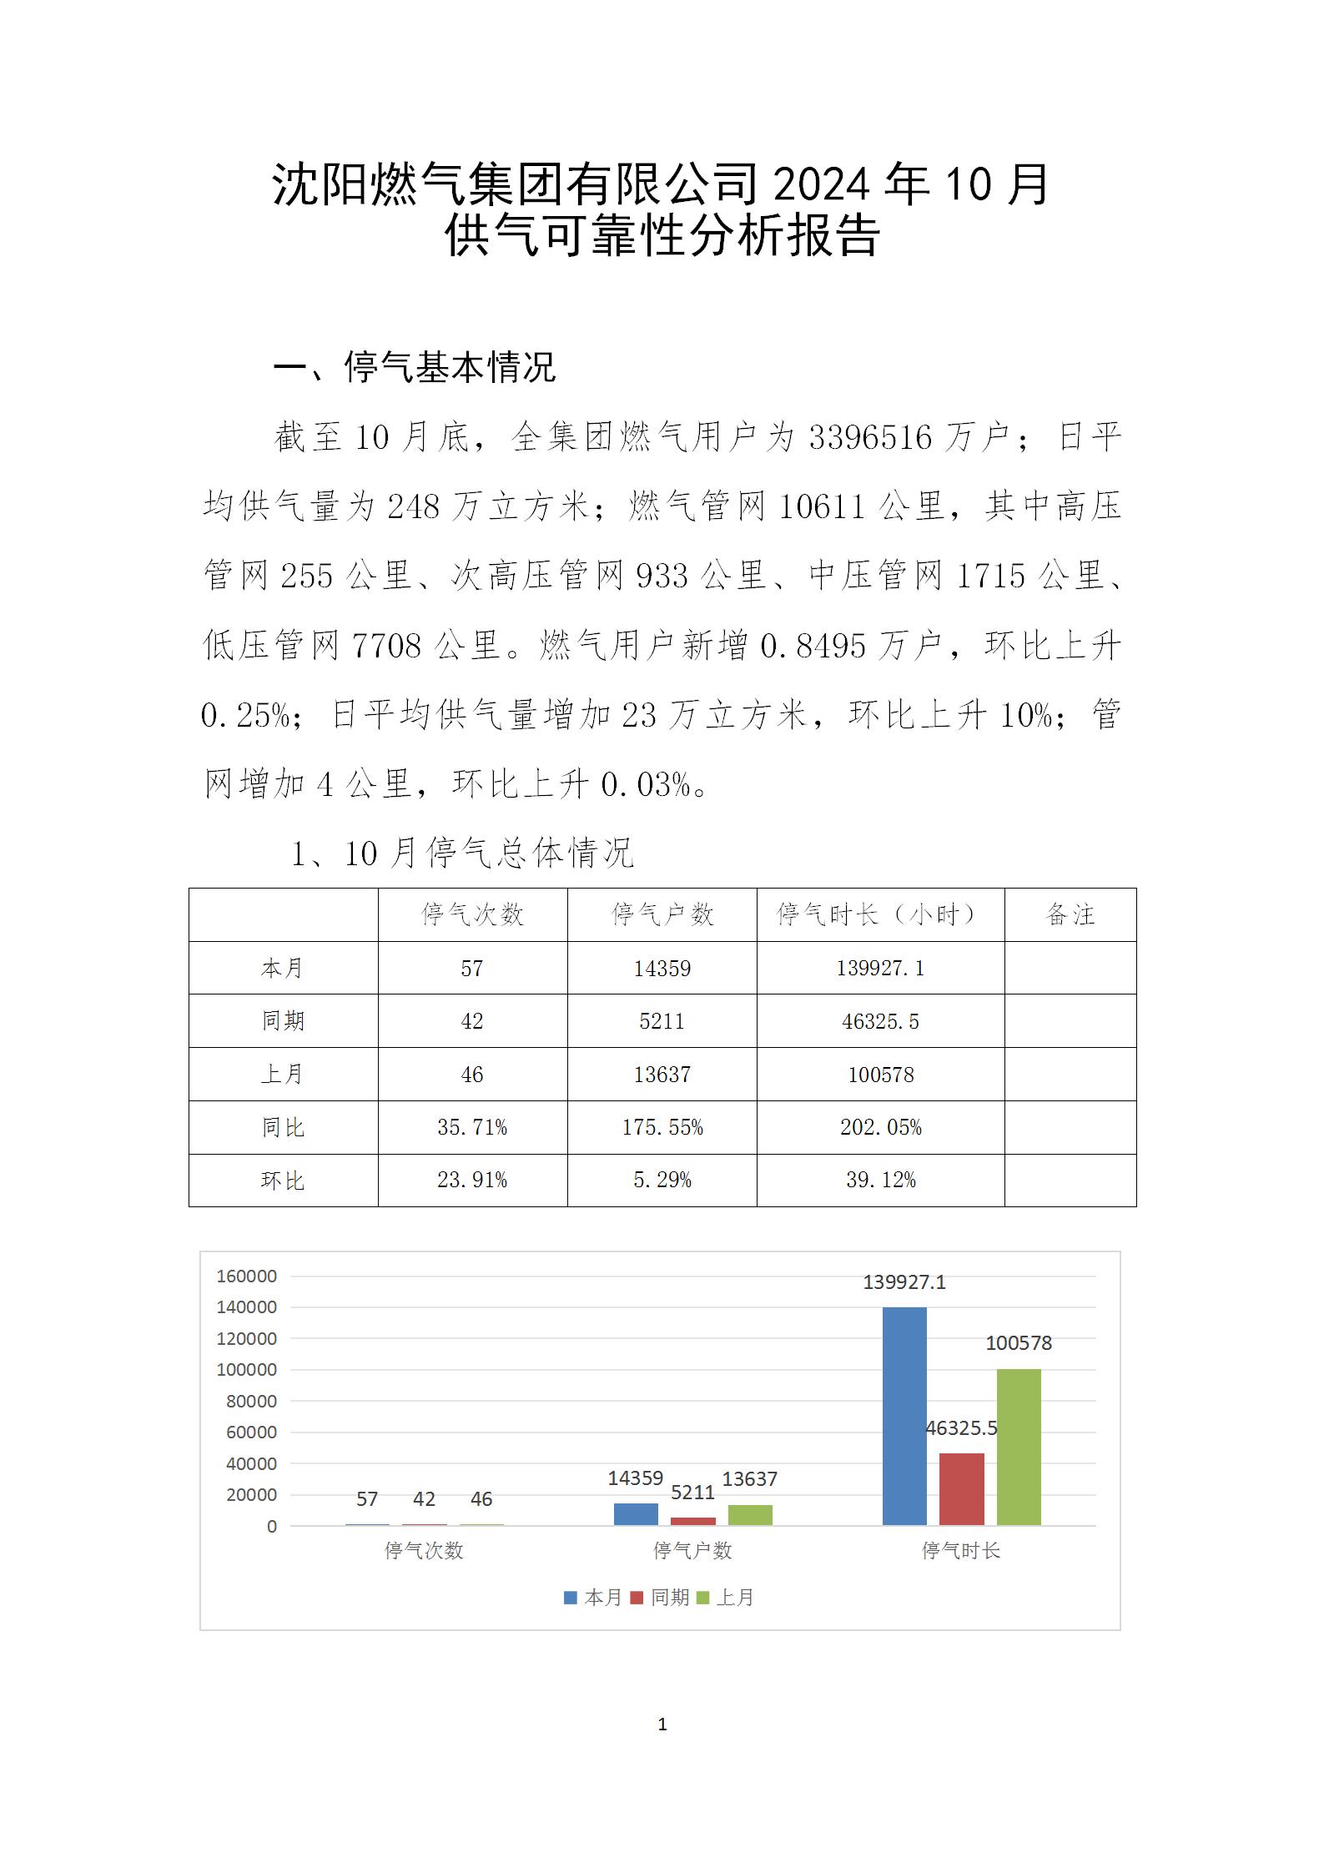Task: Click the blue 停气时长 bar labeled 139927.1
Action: pyautogui.click(x=904, y=1416)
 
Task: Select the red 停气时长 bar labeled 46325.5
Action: pyautogui.click(x=961, y=1489)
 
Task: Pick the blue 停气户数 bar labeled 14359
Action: pyautogui.click(x=636, y=1514)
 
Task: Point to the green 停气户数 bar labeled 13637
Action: pyautogui.click(x=750, y=1515)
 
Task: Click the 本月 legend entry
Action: pyautogui.click(x=593, y=1597)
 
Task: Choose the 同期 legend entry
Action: pyautogui.click(x=659, y=1597)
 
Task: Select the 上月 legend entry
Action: pyautogui.click(x=725, y=1597)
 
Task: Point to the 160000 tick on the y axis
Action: pyautogui.click(x=246, y=1276)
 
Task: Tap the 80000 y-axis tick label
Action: pyautogui.click(x=251, y=1401)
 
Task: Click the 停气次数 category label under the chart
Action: pyautogui.click(x=424, y=1550)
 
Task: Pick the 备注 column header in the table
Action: pyautogui.click(x=1070, y=914)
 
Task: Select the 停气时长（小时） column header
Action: pyautogui.click(x=880, y=914)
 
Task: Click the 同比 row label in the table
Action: pyautogui.click(x=283, y=1127)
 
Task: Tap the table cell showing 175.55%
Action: pyautogui.click(x=662, y=1127)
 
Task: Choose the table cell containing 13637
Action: pyautogui.click(x=662, y=1075)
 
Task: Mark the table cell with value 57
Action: pyautogui.click(x=472, y=968)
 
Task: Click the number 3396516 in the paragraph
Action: pyautogui.click(x=870, y=437)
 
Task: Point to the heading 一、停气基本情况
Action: pyautogui.click(x=415, y=367)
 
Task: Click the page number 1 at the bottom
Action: pyautogui.click(x=662, y=1724)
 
